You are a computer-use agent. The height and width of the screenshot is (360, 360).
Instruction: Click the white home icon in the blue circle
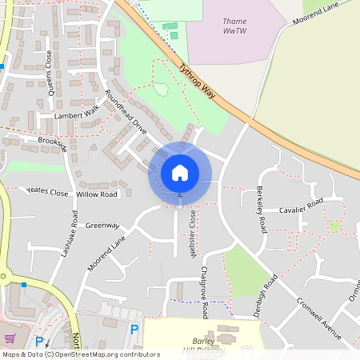click(180, 173)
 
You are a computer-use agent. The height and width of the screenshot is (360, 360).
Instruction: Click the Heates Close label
click(47, 192)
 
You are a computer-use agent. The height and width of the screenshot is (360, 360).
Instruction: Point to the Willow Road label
click(98, 194)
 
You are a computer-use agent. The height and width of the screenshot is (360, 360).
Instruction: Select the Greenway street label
click(102, 226)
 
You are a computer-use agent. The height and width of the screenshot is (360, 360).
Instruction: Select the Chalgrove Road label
click(206, 292)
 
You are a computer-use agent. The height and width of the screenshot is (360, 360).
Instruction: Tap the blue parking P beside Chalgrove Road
click(134, 330)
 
